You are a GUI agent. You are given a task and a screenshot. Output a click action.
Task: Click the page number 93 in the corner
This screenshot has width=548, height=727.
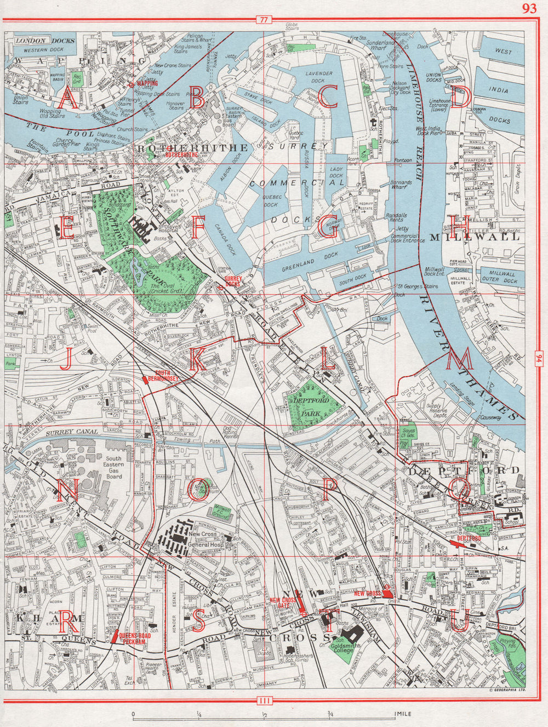coord(529,8)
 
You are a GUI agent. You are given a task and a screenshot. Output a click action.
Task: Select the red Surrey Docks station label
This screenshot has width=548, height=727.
coord(233,281)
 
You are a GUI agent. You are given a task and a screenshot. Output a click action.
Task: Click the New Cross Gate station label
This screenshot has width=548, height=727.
coord(283,603)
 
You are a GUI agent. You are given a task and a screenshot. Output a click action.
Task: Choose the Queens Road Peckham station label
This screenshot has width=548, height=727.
coord(135,638)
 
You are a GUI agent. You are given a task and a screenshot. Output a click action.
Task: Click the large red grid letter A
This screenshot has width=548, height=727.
coord(68,98)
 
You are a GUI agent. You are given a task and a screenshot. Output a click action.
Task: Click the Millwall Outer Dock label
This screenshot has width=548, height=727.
coord(498,276)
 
